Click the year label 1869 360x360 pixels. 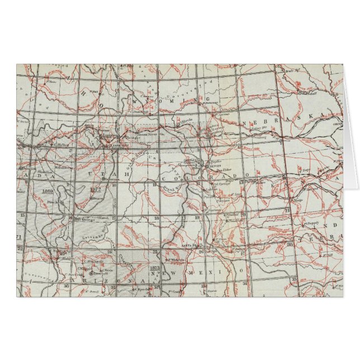47,191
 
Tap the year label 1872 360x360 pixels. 94,190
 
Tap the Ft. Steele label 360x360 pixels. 187,120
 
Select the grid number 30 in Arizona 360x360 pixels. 67,286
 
